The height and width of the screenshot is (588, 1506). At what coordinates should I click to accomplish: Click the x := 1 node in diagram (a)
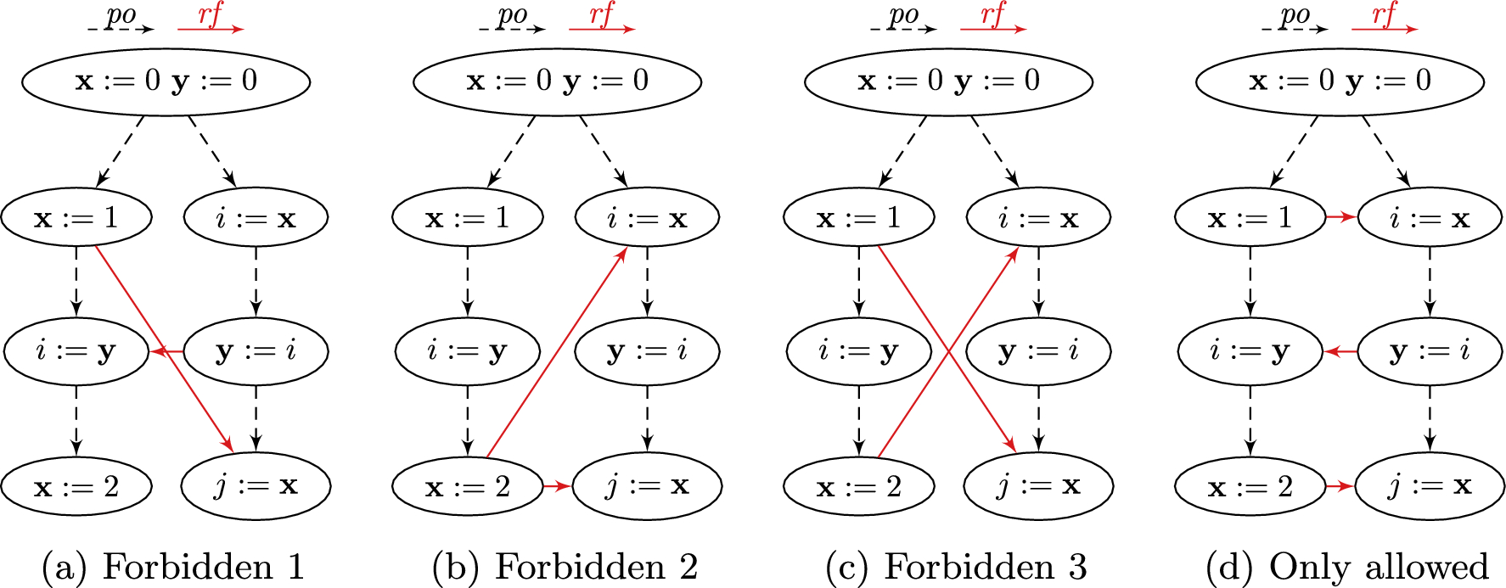[76, 217]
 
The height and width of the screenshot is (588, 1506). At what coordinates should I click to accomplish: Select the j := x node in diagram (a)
[256, 486]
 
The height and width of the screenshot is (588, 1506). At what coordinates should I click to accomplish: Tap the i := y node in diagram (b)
[468, 350]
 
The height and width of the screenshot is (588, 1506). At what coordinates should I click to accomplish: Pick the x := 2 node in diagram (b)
[468, 486]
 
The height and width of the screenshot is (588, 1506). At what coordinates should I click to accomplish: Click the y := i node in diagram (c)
[1038, 350]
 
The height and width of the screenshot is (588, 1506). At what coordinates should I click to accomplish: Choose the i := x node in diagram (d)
[1430, 217]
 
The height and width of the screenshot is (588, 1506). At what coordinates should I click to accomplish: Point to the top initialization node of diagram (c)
[948, 81]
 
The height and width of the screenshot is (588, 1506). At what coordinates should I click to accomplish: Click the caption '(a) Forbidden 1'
[173, 566]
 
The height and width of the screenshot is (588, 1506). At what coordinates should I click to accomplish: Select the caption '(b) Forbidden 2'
[565, 566]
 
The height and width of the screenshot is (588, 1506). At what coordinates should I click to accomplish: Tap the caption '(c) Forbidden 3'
[956, 566]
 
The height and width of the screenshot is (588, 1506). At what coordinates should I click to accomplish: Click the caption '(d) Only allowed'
[1347, 566]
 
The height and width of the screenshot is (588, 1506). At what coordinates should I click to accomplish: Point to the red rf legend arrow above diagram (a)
[211, 29]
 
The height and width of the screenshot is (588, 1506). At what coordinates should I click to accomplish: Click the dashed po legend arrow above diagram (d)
[1295, 29]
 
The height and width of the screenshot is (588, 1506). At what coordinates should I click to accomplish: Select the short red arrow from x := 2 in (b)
[557, 486]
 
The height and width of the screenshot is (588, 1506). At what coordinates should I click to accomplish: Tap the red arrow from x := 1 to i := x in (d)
[1341, 217]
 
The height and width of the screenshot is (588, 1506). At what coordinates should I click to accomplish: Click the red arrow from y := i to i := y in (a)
[167, 350]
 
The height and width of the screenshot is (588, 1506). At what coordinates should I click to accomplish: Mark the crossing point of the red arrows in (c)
[948, 351]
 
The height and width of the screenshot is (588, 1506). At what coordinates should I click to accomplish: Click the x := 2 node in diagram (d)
[1250, 486]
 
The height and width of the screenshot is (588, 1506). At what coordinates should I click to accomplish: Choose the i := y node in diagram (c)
[859, 350]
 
